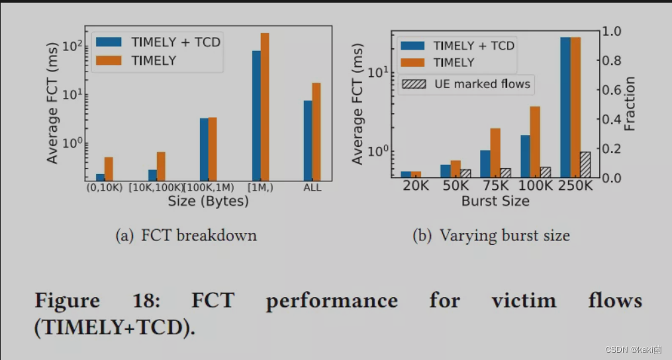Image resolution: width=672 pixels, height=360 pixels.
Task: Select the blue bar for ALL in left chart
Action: [308, 141]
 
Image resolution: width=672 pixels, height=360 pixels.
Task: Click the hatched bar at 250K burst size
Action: [585, 165]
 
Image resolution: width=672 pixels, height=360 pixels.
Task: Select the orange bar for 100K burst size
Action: [535, 142]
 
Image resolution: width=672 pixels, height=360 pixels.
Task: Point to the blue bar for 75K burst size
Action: [485, 164]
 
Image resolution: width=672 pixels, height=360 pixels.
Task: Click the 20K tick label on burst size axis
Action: [416, 186]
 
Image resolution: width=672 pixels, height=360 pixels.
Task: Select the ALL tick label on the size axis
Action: [312, 187]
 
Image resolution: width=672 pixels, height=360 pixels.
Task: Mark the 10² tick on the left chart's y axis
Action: [73, 46]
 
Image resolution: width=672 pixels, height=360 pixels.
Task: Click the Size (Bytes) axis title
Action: [208, 201]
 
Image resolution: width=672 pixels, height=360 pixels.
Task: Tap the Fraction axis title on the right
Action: [630, 104]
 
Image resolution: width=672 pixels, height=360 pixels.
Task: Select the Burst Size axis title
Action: [495, 201]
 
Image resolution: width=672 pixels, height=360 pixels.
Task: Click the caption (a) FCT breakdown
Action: [186, 236]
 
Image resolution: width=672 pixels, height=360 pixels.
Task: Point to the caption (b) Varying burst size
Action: [491, 236]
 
